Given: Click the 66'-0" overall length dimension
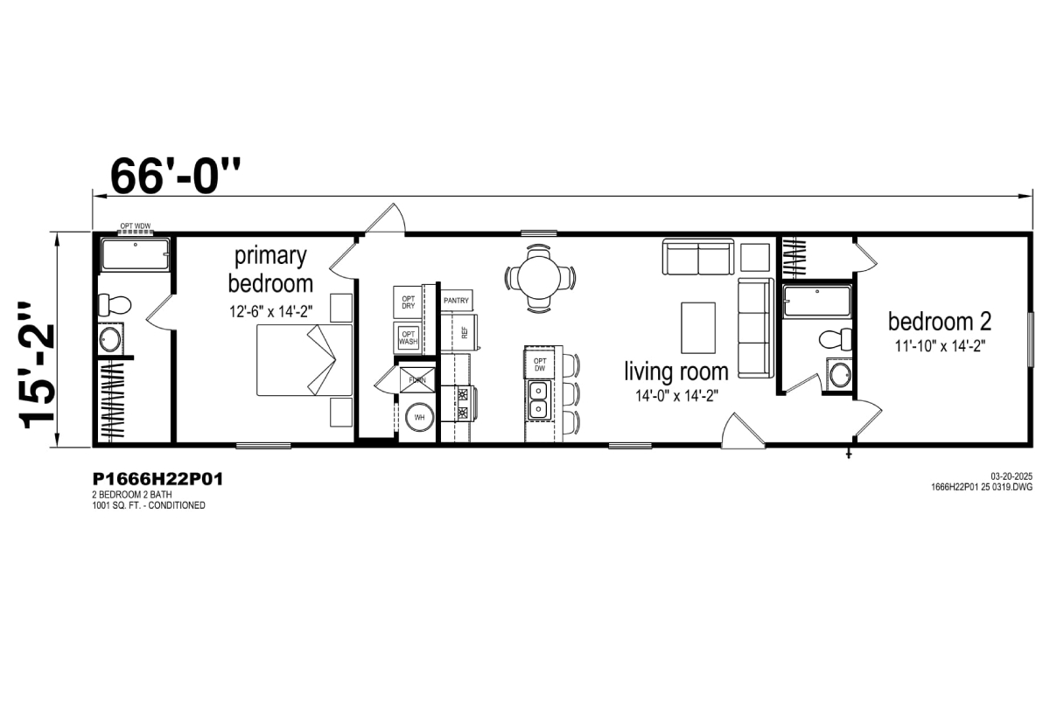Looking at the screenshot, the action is (175, 176).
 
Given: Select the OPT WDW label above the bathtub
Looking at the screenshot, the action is (136, 226).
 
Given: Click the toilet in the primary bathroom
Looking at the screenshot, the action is (114, 305).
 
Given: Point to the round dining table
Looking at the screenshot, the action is (540, 278).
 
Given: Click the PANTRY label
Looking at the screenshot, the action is (456, 301).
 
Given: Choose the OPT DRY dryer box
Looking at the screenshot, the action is (409, 302).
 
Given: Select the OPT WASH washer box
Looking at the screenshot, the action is (408, 338).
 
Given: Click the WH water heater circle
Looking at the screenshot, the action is (419, 417).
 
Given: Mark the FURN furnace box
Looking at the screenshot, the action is (417, 379).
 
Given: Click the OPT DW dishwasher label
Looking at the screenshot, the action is (540, 364).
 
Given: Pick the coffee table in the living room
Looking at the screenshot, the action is (698, 328).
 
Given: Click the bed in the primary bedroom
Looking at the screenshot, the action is (304, 360).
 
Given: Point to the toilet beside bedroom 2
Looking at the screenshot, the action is (836, 339).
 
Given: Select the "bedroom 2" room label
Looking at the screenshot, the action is (940, 322).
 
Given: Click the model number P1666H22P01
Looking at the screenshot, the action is (157, 479).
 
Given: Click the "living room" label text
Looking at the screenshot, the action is (676, 371).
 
